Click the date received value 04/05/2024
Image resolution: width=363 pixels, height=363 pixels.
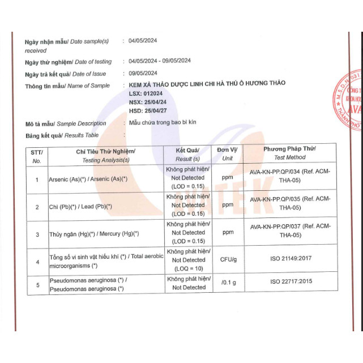[x=143, y=41]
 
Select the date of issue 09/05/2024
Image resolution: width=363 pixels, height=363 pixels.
[x=143, y=73]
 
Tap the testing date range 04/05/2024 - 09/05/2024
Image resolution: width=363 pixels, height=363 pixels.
[x=160, y=61]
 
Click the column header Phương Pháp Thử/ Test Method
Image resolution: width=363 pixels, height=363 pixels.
[x=289, y=153]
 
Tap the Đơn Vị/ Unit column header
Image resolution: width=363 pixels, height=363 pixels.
[x=227, y=153]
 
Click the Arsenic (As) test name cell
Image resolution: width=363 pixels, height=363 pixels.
[x=88, y=179]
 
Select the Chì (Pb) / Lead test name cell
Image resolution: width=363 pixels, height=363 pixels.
[x=80, y=207]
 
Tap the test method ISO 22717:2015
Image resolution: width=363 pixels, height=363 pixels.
[x=290, y=281]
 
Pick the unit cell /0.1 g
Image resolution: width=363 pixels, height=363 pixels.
[x=228, y=281]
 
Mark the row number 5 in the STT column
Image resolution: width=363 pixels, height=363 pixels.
[x=37, y=285]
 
